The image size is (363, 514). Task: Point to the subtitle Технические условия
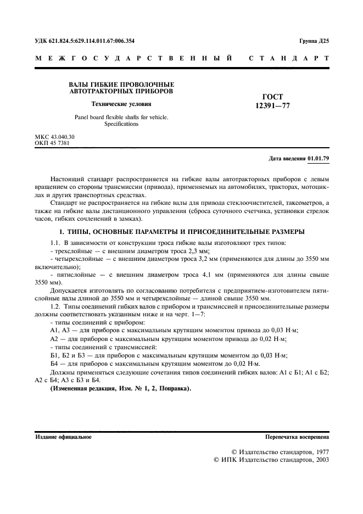[x=121, y=103]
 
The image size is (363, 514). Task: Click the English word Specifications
[x=121, y=124]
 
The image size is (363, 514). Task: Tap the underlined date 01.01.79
[x=319, y=159]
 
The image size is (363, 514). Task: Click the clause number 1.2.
[x=55, y=306]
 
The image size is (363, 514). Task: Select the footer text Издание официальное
[x=64, y=438]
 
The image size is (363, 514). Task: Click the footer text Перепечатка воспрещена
[x=297, y=438]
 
